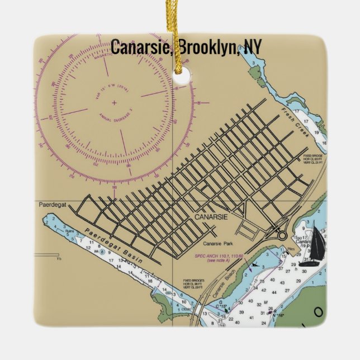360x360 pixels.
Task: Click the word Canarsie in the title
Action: coord(141,48)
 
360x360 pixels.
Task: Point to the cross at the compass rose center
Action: coord(114,103)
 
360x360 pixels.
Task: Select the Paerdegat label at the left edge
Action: coord(52,205)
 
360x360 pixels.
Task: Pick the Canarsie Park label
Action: coord(219,243)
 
